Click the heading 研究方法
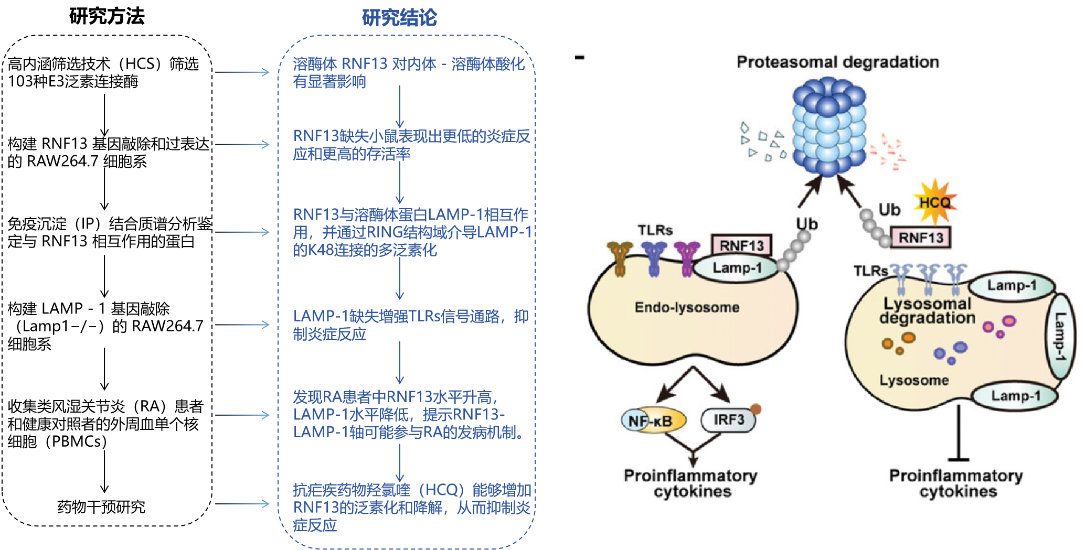pos(107,16)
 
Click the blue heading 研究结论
pos(399,18)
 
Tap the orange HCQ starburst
pos(935,202)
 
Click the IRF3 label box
pos(728,420)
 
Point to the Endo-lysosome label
pos(687,307)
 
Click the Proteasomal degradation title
pos(837,62)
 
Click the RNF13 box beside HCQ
pos(921,238)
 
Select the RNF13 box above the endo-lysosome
pos(741,245)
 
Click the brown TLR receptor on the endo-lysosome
pos(620,258)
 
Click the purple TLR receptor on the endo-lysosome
pos(687,258)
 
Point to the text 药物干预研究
pos(101,507)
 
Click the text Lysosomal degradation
pos(927,311)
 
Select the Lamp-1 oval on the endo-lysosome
pos(737,268)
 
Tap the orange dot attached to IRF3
pos(756,409)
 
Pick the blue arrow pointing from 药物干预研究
pos(242,504)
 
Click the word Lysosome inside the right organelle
pos(914,380)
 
